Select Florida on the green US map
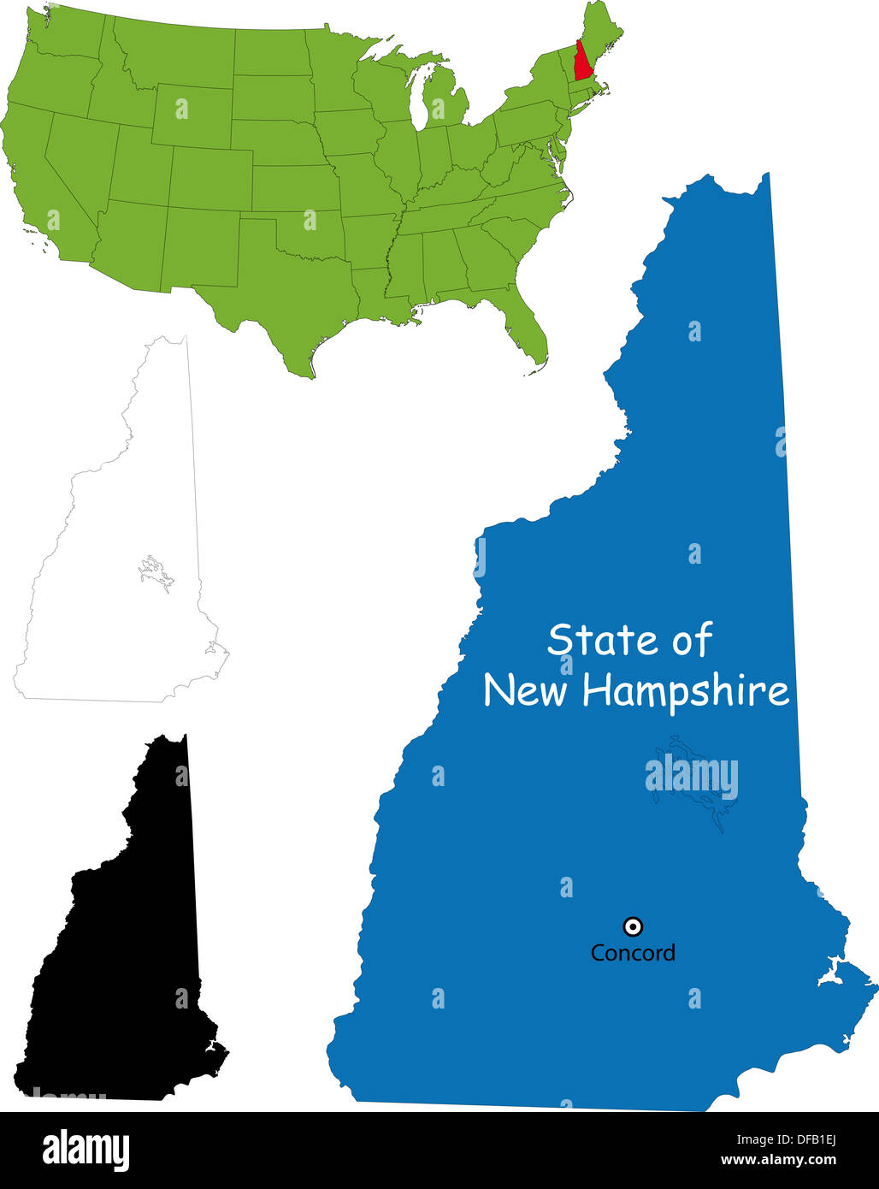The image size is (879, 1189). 524,328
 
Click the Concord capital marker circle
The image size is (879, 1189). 633,926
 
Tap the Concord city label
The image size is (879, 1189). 633,953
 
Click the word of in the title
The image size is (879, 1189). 692,640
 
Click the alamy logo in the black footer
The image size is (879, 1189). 86,1151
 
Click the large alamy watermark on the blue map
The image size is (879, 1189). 691,777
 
